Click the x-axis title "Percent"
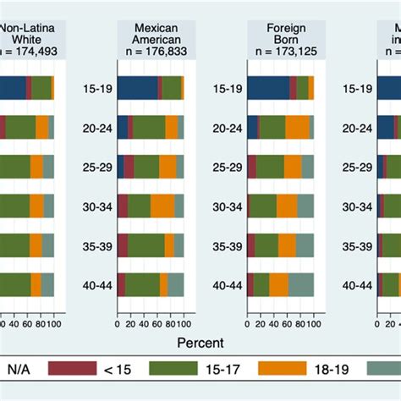coord(200,343)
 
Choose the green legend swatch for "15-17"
coord(173,370)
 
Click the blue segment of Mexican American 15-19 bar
coord(137,88)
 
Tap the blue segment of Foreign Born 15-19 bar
coord(268,88)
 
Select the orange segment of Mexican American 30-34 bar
coord(162,206)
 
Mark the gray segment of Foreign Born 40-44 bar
coord(301,284)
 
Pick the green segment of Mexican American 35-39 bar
coord(146,245)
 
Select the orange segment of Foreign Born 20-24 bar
coord(297,127)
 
